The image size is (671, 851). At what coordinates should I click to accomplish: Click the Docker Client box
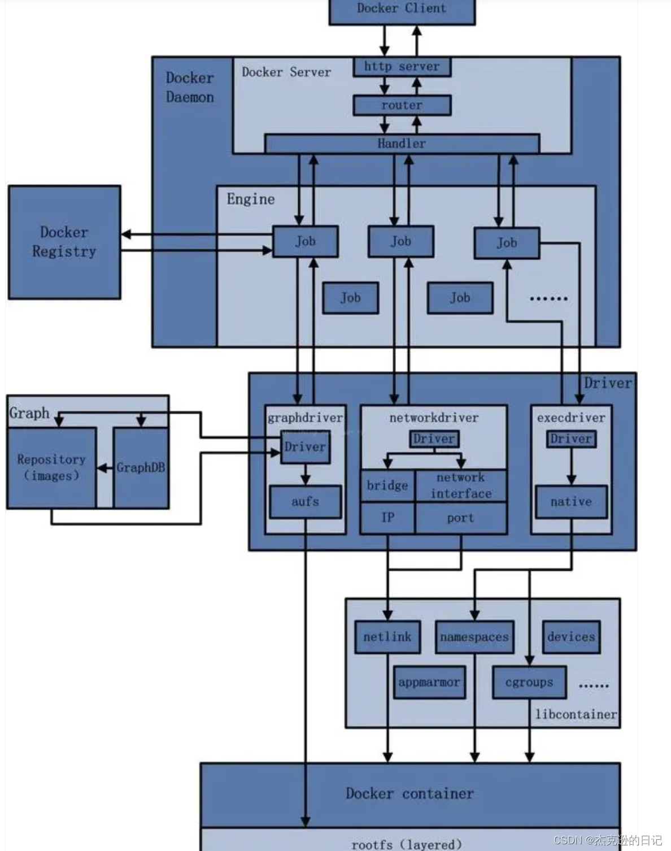[x=402, y=10]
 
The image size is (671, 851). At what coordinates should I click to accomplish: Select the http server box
[x=402, y=67]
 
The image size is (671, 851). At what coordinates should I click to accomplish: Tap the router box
[x=402, y=105]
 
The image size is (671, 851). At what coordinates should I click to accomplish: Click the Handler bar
[x=402, y=144]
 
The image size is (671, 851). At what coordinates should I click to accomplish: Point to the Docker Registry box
[x=64, y=242]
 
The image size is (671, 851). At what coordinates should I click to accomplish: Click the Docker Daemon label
[x=190, y=88]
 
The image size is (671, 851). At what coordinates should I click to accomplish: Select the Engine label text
[x=251, y=199]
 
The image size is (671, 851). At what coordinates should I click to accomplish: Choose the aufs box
[x=305, y=502]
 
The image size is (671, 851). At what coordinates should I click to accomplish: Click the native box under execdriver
[x=571, y=502]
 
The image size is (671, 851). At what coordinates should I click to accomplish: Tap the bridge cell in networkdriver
[x=387, y=485]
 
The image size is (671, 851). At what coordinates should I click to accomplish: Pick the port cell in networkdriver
[x=460, y=518]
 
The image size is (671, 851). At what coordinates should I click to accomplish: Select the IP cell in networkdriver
[x=387, y=518]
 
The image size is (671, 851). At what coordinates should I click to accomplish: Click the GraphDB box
[x=141, y=468]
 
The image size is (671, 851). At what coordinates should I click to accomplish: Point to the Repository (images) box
[x=51, y=468]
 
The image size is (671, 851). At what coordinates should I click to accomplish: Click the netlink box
[x=387, y=637]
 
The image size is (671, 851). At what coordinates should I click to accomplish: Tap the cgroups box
[x=529, y=683]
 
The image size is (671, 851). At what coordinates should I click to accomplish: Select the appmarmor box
[x=429, y=683]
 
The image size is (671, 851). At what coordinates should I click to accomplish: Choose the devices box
[x=571, y=637]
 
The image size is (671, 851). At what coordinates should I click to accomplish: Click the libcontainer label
[x=576, y=715]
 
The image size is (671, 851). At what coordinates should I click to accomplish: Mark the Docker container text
[x=410, y=794]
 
